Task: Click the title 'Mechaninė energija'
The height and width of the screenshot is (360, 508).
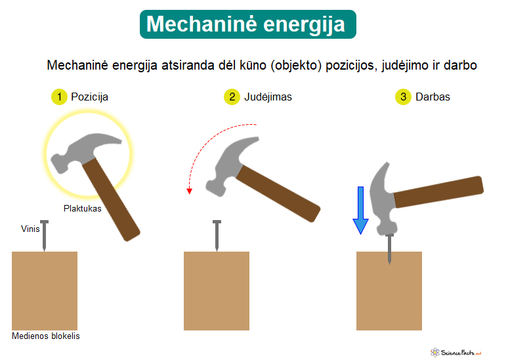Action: (245, 24)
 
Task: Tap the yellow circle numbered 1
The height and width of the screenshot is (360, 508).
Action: (59, 97)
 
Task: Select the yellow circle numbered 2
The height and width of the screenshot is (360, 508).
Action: (232, 97)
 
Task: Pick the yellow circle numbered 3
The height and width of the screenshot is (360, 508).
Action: (403, 97)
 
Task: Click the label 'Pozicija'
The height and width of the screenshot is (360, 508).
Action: (89, 97)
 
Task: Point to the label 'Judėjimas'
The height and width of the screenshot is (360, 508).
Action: (268, 97)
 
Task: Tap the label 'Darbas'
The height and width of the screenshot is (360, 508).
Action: (433, 97)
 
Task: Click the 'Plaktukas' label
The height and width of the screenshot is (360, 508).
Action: (82, 208)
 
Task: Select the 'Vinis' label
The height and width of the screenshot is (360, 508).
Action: (30, 229)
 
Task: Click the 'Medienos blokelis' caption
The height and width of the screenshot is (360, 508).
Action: (46, 336)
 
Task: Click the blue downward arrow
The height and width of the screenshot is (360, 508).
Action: (360, 210)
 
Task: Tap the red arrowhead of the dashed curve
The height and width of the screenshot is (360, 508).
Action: (190, 191)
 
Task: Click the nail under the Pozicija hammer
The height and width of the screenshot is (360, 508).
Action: (45, 236)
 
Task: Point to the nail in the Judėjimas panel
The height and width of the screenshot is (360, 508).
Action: (217, 236)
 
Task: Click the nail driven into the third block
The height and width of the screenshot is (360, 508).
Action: (389, 248)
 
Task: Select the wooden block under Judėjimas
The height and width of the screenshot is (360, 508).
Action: (217, 291)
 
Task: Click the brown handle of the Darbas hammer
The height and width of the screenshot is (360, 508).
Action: (438, 192)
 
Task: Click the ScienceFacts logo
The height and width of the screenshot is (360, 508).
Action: (456, 353)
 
